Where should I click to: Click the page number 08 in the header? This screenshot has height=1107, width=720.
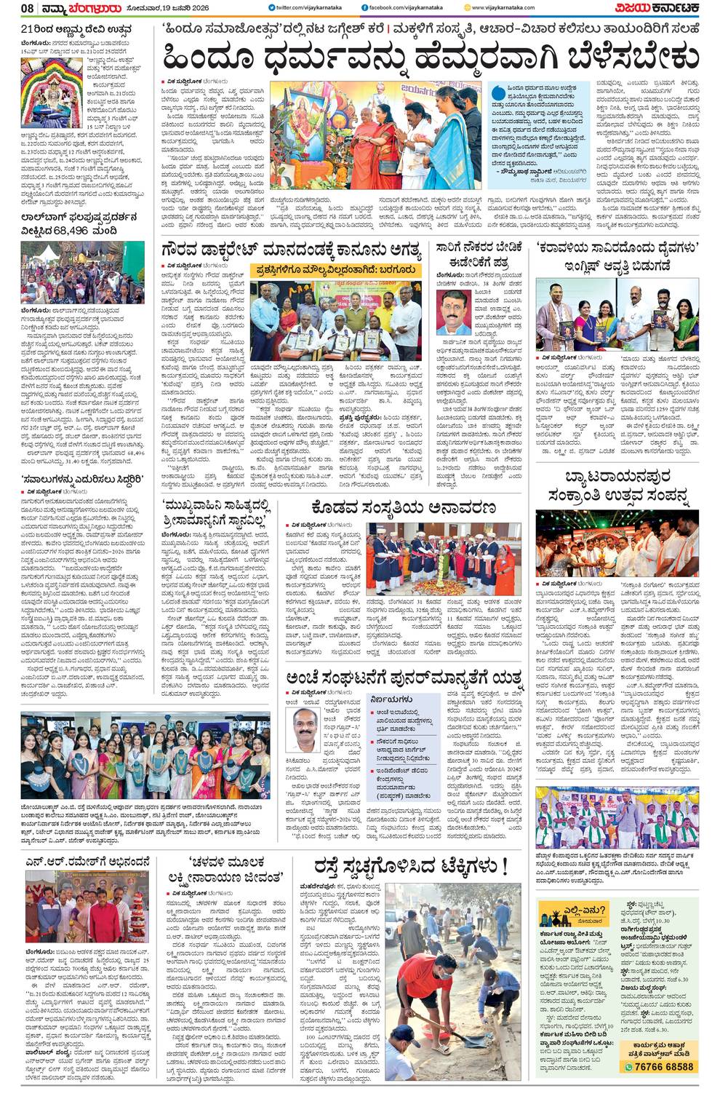tap(28, 8)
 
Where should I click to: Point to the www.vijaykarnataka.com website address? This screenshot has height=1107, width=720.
tap(503, 8)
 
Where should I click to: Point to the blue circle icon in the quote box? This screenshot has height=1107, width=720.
tap(497, 92)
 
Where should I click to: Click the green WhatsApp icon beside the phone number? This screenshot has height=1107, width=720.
tap(628, 1067)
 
